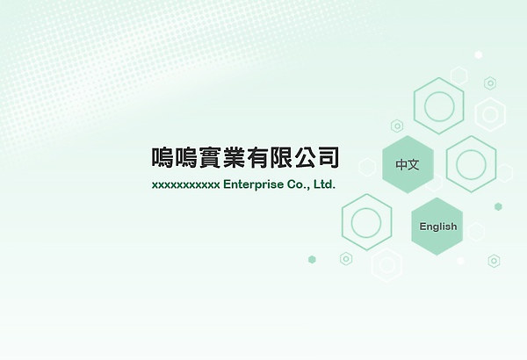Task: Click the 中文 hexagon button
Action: (408, 164)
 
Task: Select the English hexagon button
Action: (437, 227)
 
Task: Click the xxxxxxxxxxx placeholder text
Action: (185, 185)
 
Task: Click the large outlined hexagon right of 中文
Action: (472, 164)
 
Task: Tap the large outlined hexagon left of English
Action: (366, 222)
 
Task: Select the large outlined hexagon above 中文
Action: (438, 106)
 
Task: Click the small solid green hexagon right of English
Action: (498, 206)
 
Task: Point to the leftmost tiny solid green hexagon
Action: (312, 259)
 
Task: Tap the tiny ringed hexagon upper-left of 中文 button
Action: (397, 126)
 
